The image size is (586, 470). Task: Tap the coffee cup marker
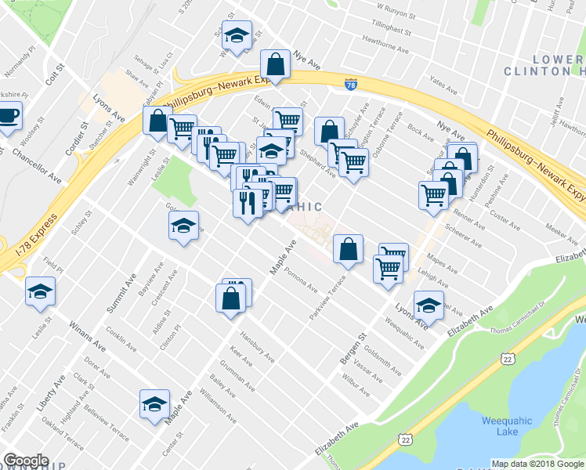click(8, 117)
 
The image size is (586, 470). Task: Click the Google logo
click(26, 461)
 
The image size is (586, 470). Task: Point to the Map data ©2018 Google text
click(537, 464)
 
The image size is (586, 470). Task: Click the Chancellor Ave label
click(37, 164)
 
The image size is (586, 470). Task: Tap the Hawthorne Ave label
click(385, 49)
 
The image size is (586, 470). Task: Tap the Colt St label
click(53, 77)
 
